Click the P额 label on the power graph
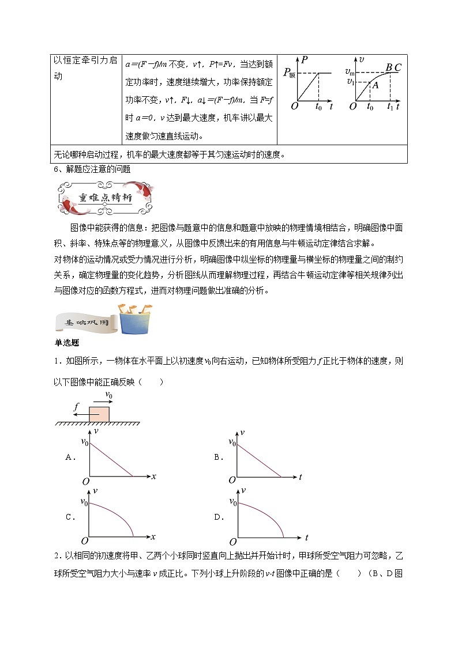290,73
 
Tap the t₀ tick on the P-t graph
318,107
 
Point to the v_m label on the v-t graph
350,71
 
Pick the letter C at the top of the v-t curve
398,67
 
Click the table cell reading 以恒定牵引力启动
85,68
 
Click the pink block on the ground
99,414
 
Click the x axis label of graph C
153,536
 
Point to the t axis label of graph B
301,476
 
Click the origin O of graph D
232,542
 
